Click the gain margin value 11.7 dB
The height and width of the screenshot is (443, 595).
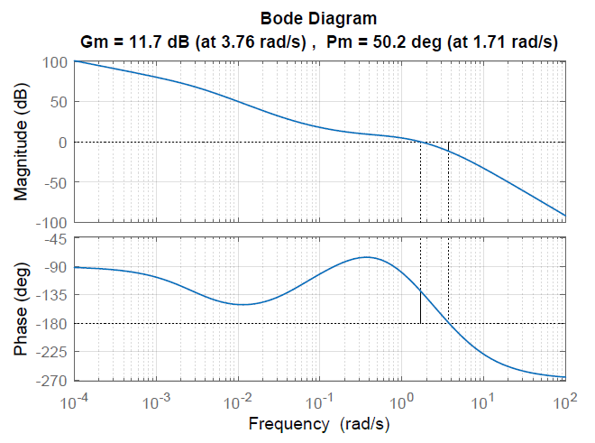[157, 42]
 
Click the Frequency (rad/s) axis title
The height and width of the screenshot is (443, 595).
[319, 422]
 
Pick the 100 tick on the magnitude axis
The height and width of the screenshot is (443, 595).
[56, 62]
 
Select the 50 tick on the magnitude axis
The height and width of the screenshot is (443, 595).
[59, 102]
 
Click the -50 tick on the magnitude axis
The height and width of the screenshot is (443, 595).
[56, 182]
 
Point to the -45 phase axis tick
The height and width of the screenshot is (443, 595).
[57, 239]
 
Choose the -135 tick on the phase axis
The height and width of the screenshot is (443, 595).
[53, 295]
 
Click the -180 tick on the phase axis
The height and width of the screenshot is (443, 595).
[53, 323]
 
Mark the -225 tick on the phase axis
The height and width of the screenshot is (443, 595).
[53, 351]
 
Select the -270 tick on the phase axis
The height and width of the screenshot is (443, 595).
[53, 379]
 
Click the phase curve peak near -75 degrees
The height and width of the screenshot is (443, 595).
[366, 257]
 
